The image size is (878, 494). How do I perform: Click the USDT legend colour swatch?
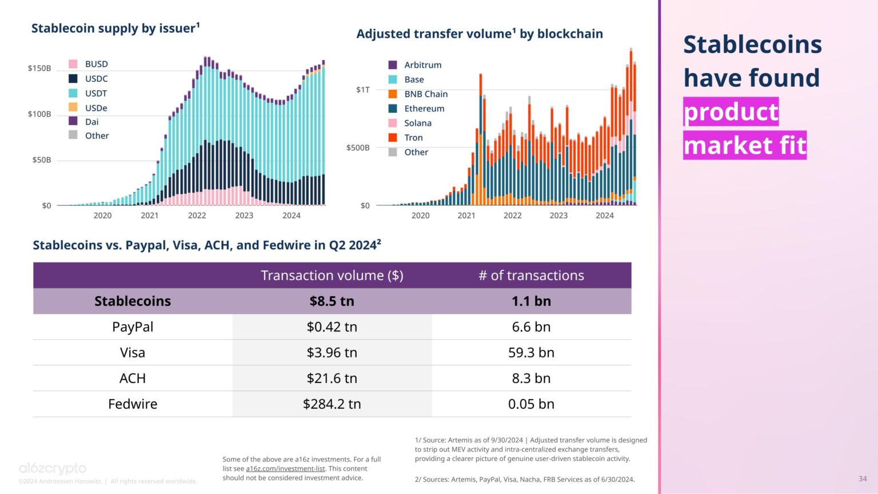pos(73,93)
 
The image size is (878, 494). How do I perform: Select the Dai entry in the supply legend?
pos(91,122)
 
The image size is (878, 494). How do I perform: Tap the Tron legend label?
pos(413,138)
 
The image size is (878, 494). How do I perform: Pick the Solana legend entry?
pos(417,123)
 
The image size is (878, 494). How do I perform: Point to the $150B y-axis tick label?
pos(39,69)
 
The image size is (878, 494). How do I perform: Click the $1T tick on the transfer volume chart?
pos(362,90)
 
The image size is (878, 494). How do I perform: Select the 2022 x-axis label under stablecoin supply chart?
pos(197,216)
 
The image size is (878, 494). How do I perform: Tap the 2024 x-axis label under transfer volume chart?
pos(604,216)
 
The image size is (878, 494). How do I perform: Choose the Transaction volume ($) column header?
pos(332,276)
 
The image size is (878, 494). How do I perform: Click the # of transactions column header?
pos(531,276)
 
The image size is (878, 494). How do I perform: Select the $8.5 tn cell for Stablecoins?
pos(332,301)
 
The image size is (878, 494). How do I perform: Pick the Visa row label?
pos(133,353)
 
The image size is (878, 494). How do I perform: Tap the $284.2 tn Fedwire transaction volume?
pos(332,404)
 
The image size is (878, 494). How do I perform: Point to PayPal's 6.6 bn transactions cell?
pos(531,327)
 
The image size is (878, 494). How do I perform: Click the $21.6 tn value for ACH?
pos(332,379)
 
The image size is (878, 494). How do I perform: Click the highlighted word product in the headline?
pos(731,112)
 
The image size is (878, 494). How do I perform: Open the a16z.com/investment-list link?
pos(285,469)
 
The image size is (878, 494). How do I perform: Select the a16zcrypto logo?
pos(53,469)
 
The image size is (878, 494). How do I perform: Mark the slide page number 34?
pos(862,479)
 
